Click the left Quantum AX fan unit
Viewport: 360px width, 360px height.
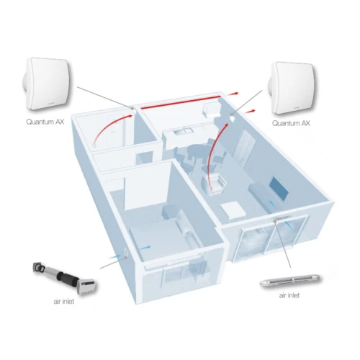click(48, 84)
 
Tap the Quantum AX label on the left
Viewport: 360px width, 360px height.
click(45, 122)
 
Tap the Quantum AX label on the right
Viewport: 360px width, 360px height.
click(291, 123)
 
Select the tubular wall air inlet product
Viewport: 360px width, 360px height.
click(64, 277)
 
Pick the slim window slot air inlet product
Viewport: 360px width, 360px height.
click(289, 280)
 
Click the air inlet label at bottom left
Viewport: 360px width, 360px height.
click(64, 302)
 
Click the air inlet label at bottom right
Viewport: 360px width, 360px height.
click(289, 295)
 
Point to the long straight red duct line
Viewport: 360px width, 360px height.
click(181, 102)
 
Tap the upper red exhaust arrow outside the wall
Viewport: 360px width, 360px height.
click(233, 94)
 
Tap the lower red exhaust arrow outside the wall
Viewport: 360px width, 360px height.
click(250, 112)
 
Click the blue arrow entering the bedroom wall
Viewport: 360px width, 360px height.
click(114, 256)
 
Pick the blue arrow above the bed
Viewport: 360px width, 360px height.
click(145, 248)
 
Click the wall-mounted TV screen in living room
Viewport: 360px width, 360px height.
click(279, 189)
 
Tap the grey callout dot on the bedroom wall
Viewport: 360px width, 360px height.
click(125, 257)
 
